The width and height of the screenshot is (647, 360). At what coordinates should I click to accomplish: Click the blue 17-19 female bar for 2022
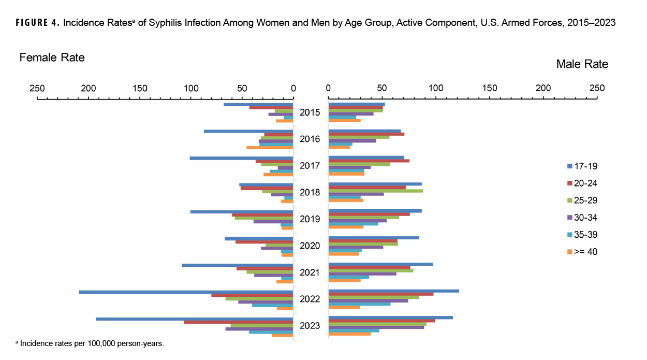pos(186,292)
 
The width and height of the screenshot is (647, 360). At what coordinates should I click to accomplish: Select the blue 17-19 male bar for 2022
pos(394,291)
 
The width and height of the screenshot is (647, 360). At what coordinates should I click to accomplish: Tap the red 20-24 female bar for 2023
pos(239,322)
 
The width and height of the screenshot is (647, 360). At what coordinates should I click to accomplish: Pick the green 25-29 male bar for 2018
pos(376,191)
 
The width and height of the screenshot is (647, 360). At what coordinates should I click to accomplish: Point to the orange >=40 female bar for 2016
pos(270,148)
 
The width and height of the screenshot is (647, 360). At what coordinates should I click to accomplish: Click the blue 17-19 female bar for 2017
pos(241,158)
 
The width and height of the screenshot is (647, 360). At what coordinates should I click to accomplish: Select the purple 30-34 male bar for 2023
pos(376,327)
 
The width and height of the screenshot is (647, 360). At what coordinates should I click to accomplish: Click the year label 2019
pos(310,219)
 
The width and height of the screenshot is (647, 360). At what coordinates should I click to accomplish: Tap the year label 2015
pos(310,112)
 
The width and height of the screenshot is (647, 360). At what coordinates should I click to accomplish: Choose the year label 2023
pos(310,326)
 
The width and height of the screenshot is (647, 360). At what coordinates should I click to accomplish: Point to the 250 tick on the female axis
pos(37,88)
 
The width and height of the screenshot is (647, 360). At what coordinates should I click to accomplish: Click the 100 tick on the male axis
pos(436,88)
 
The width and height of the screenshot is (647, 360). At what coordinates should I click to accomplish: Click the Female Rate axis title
pos(52,57)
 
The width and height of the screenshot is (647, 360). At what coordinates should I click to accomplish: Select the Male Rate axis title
pos(582,64)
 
